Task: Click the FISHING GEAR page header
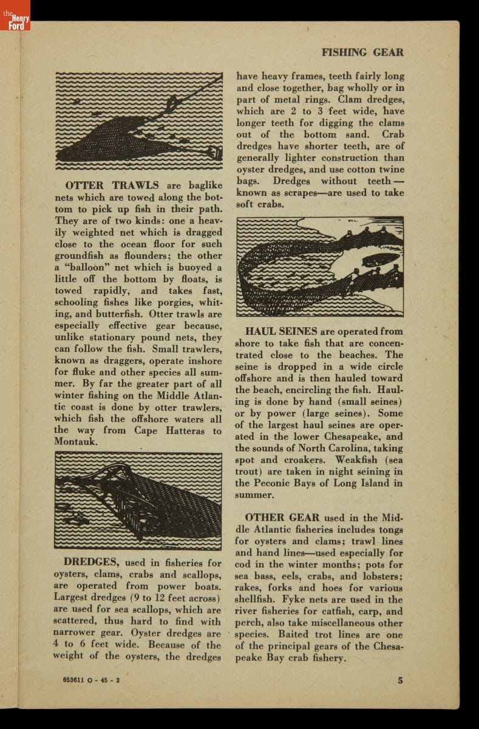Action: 362,52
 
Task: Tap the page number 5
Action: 400,680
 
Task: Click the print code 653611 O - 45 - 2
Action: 90,680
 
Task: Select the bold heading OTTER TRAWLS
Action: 112,185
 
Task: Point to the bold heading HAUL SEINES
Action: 281,332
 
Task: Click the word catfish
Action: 333,611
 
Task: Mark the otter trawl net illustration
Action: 138,120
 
